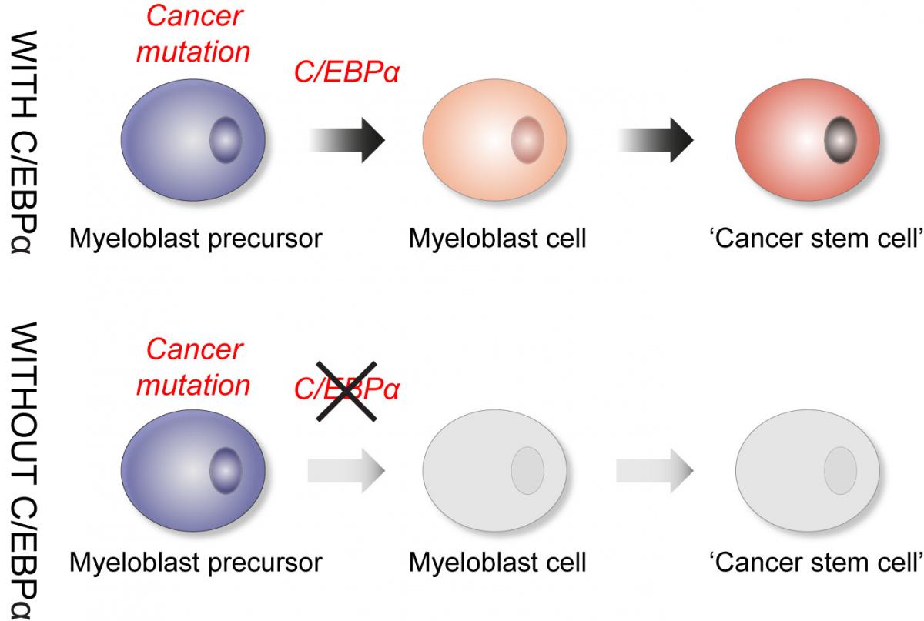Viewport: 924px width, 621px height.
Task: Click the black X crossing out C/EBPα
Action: [x=346, y=391]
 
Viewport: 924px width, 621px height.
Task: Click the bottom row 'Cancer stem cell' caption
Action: [x=815, y=563]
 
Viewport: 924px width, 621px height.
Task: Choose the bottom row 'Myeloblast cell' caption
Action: [x=497, y=563]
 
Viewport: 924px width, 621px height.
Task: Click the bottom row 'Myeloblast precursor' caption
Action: [x=196, y=563]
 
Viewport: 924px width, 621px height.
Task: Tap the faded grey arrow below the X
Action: [x=346, y=469]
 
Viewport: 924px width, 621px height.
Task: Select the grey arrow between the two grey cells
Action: [x=654, y=469]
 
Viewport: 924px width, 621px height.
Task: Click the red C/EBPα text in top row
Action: [x=346, y=75]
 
